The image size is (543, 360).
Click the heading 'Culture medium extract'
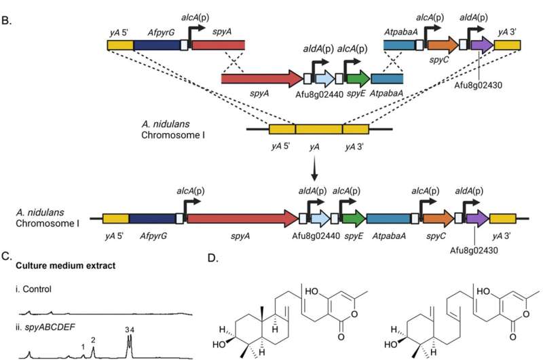tap(64, 266)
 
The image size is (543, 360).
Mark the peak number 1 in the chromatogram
tap(83, 347)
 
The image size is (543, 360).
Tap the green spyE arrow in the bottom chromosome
tap(353, 218)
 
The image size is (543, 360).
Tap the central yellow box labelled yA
tap(318, 129)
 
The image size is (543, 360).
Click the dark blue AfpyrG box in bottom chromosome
tap(152, 218)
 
